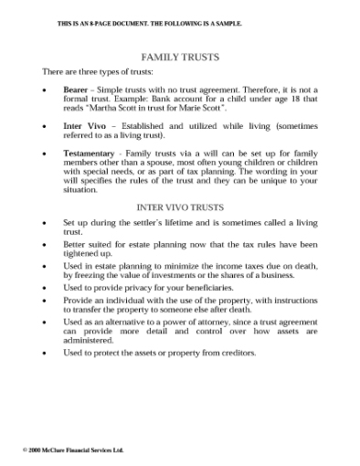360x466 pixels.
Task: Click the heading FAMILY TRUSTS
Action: [180, 57]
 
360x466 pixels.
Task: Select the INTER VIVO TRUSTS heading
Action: [180, 207]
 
